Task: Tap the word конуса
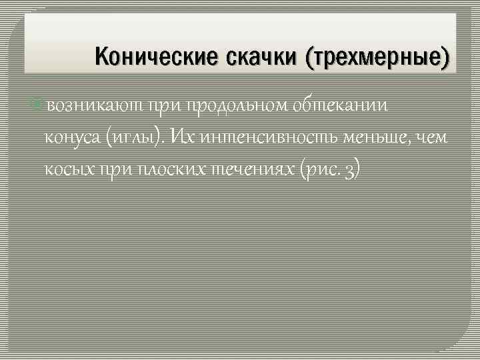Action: (71, 137)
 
